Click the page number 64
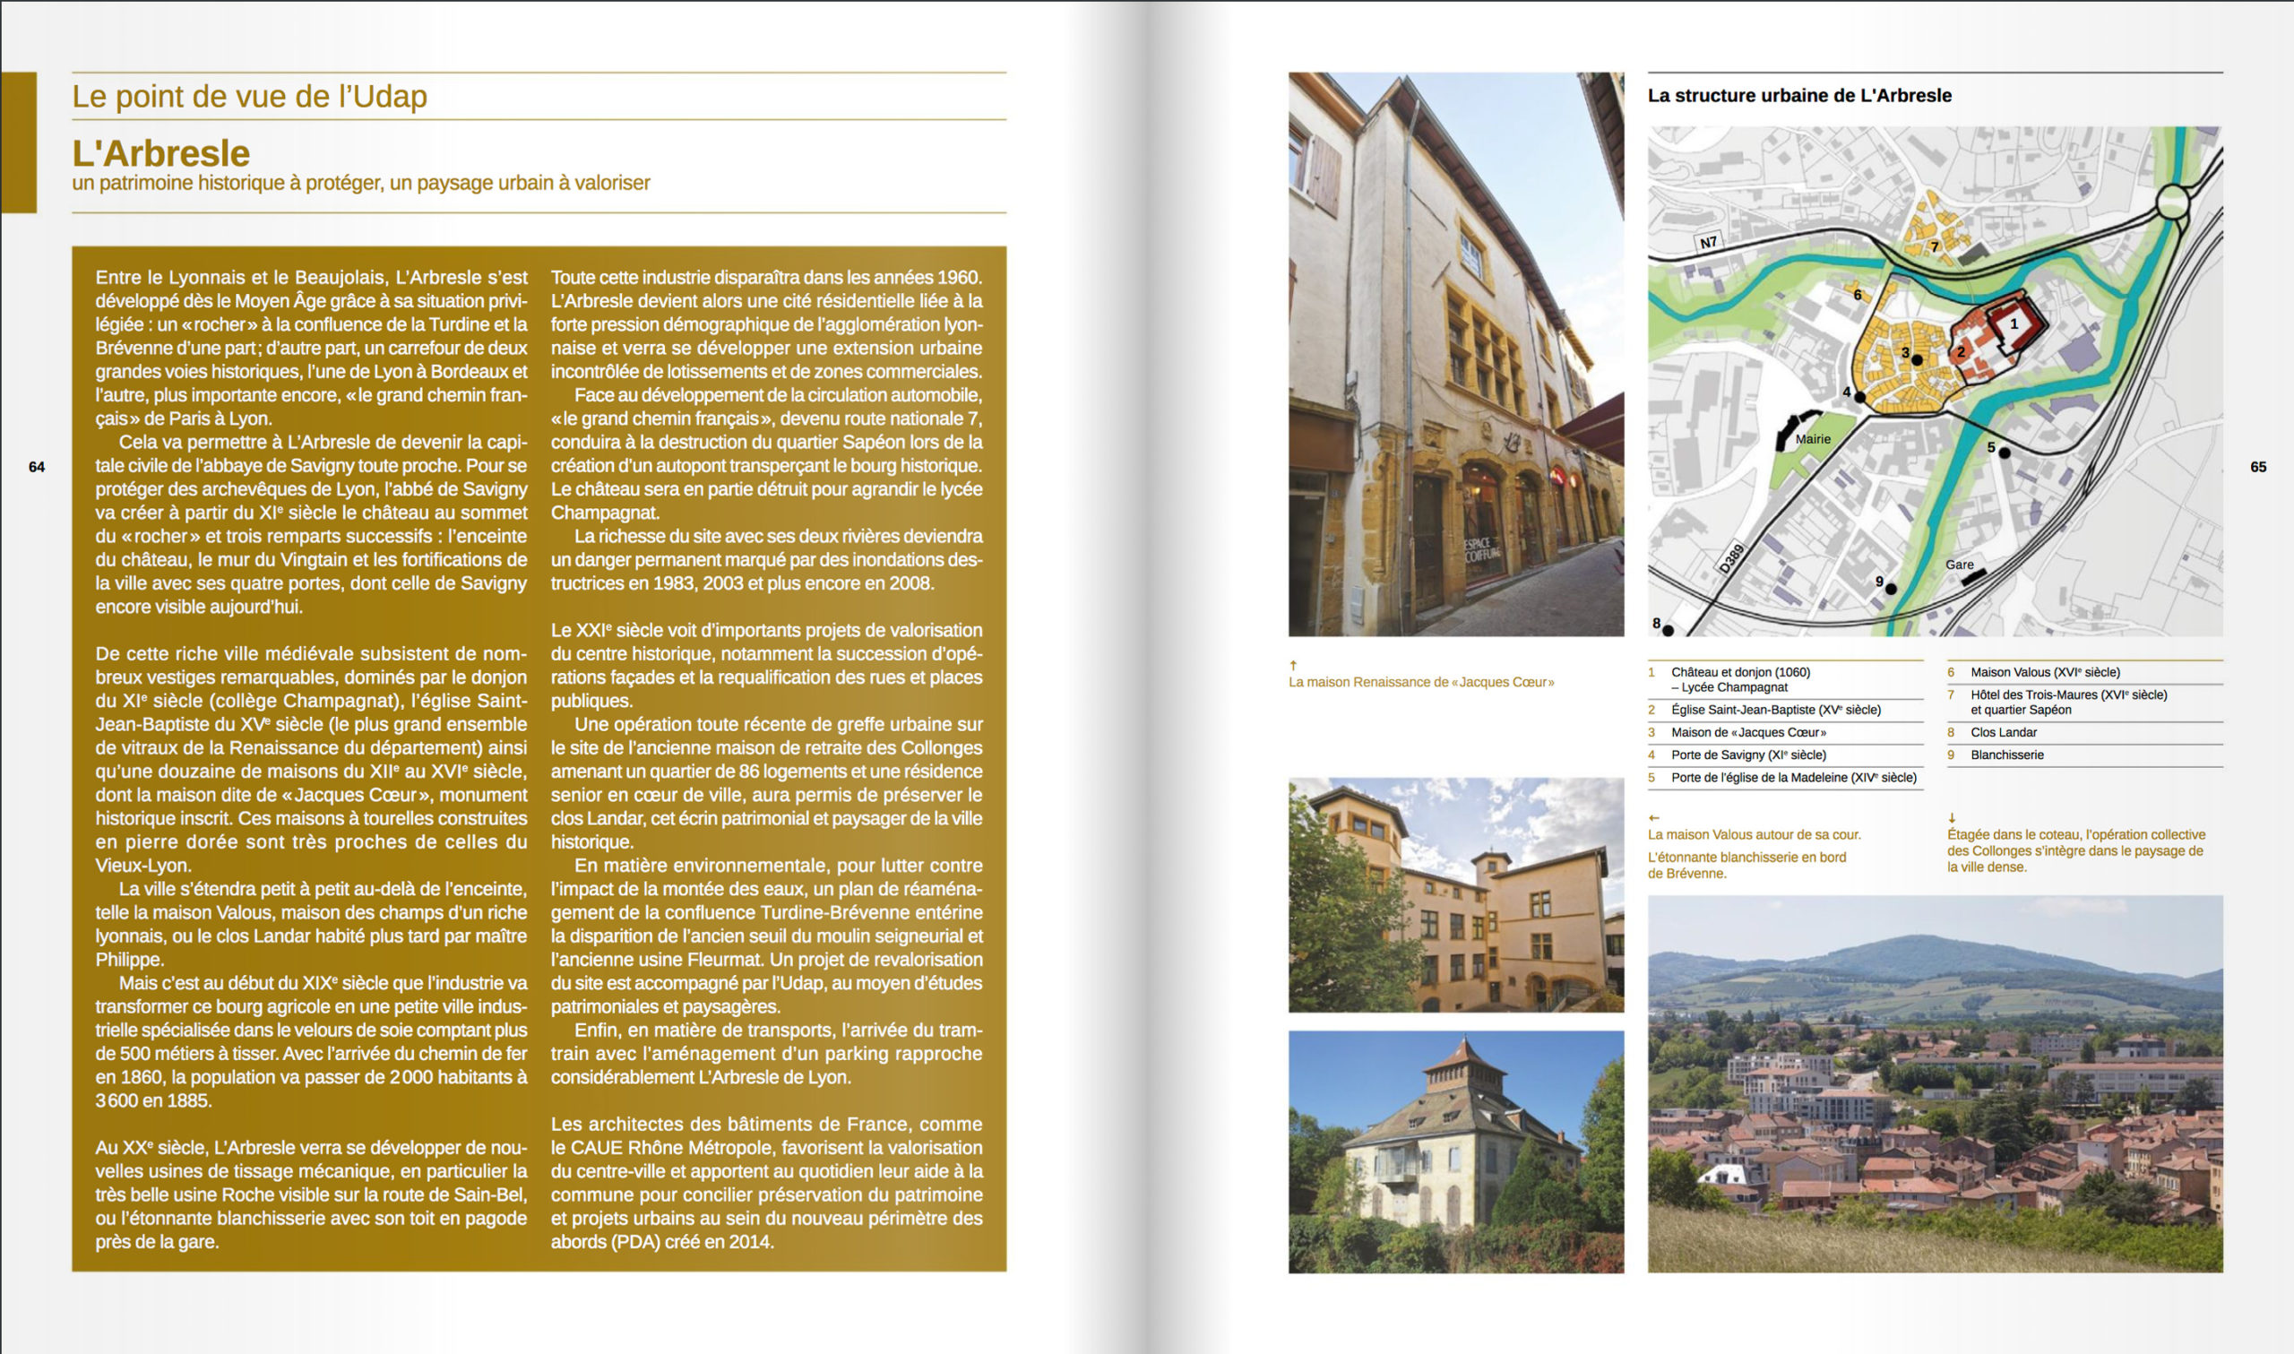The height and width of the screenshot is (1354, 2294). tap(37, 467)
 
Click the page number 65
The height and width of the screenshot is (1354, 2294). tap(2257, 467)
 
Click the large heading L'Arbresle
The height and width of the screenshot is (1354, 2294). tap(160, 153)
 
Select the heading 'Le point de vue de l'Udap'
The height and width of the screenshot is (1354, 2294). tap(249, 97)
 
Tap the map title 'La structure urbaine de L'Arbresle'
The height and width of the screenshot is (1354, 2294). tap(1798, 96)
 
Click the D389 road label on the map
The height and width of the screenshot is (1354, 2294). tap(1731, 558)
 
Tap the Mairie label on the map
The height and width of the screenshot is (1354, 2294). tap(1813, 439)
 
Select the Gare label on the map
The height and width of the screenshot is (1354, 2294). tap(1959, 565)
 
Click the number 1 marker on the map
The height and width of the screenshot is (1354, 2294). tap(2014, 323)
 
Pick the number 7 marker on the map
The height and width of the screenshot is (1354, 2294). tap(1934, 247)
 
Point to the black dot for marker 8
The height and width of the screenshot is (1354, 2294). tap(1669, 631)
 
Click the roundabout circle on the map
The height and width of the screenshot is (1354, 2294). tap(2175, 200)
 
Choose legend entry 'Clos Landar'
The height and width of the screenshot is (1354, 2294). tap(2003, 733)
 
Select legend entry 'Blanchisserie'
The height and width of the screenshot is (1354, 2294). tap(2006, 755)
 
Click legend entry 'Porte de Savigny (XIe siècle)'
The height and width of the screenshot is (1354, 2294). tap(1747, 755)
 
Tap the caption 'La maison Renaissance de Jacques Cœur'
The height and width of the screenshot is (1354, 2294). tap(1421, 683)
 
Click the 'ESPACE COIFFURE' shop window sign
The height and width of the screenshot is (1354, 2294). tap(1479, 549)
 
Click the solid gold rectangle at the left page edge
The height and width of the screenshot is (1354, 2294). tap(18, 142)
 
